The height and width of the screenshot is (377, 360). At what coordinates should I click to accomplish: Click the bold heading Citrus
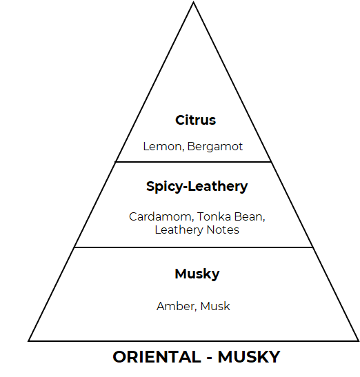click(x=195, y=120)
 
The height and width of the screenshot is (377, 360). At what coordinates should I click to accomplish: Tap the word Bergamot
click(x=215, y=146)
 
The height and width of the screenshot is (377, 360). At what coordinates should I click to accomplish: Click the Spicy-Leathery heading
click(x=197, y=187)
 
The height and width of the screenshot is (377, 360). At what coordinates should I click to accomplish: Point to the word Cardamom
click(x=161, y=216)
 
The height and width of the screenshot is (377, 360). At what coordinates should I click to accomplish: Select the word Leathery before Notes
click(x=179, y=230)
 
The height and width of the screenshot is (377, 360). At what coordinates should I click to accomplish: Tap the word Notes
click(x=223, y=230)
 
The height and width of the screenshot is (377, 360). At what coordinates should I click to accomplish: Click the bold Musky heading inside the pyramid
click(x=197, y=274)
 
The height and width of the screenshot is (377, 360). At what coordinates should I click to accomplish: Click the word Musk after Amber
click(x=215, y=306)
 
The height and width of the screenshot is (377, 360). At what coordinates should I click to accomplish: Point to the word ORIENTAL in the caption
click(x=157, y=357)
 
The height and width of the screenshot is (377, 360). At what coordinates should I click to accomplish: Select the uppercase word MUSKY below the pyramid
click(x=249, y=357)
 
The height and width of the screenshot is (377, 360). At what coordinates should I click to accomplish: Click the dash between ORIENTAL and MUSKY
click(x=210, y=358)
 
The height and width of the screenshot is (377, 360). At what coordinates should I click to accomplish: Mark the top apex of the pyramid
click(x=194, y=2)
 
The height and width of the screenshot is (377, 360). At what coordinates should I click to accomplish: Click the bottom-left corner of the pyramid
click(x=28, y=341)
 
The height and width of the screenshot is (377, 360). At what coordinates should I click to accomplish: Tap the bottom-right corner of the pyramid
click(x=359, y=341)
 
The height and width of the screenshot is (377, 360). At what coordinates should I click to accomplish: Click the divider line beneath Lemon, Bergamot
click(x=194, y=162)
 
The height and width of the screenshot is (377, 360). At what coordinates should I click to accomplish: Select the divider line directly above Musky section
click(x=194, y=247)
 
